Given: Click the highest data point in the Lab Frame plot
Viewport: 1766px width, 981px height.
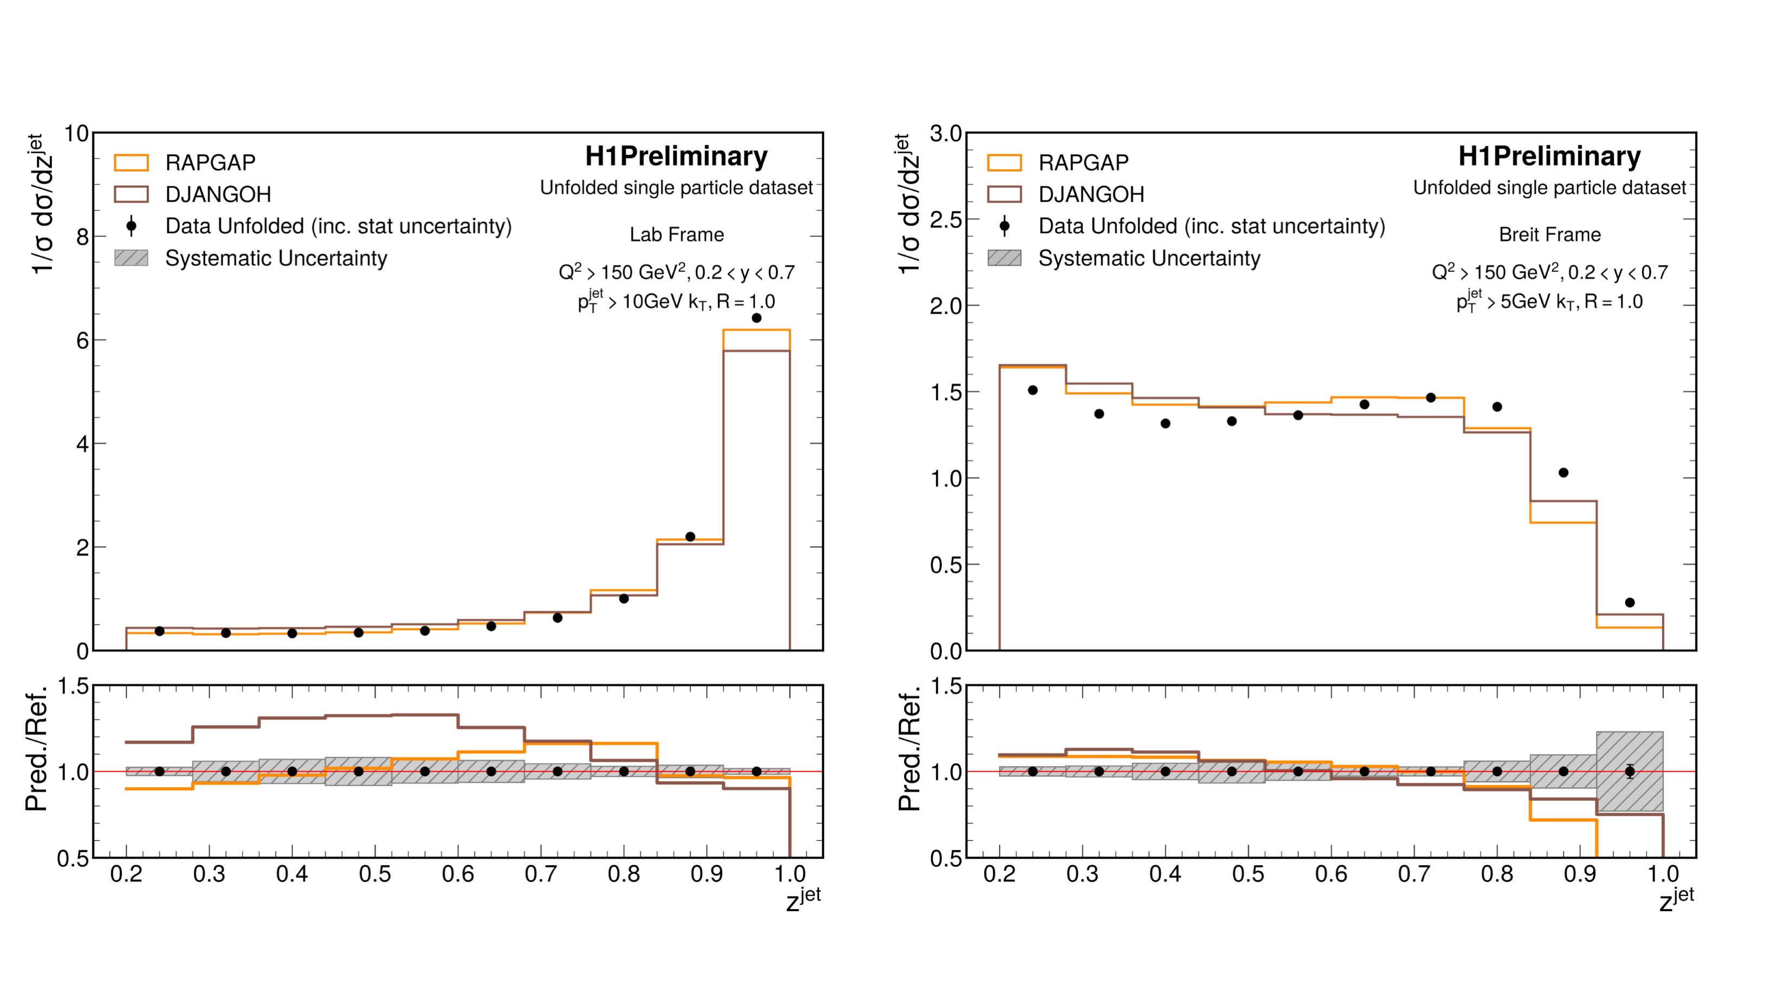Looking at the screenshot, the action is coord(756,318).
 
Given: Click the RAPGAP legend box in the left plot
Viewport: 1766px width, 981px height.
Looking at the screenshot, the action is coord(131,162).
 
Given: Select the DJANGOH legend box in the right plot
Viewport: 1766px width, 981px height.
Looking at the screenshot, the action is coord(1004,194).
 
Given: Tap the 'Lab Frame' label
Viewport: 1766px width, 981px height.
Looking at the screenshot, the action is coord(677,234).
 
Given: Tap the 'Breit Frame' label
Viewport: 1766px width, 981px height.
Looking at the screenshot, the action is coord(1549,234).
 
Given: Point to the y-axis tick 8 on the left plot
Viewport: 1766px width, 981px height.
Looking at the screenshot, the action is coord(82,237).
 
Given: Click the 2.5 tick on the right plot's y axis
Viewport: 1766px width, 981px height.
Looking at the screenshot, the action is coord(946,220).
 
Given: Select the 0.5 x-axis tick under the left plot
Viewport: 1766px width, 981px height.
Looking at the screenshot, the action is coord(375,874).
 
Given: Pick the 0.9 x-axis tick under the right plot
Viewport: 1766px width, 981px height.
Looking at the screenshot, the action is coord(1580,874).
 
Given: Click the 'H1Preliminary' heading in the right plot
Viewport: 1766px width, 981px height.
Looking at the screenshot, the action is coord(1549,156).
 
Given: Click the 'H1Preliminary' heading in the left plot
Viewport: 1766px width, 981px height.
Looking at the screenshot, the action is coord(677,156).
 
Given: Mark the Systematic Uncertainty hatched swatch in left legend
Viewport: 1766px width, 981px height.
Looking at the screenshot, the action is coord(131,258).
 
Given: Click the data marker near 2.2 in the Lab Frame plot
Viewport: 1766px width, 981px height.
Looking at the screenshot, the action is coord(690,537).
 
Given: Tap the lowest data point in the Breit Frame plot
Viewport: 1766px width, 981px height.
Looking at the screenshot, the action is coord(1630,603).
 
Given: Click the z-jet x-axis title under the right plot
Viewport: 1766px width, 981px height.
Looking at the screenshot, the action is coord(1676,899).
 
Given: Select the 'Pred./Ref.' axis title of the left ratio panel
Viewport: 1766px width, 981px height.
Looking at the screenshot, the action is coord(36,749).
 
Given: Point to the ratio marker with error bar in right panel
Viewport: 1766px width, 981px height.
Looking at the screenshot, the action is coord(1630,771).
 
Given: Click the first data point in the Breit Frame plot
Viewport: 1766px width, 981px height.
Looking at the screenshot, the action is coord(1032,390).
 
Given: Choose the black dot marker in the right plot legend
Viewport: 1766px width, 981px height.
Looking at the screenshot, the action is coord(1004,226).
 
